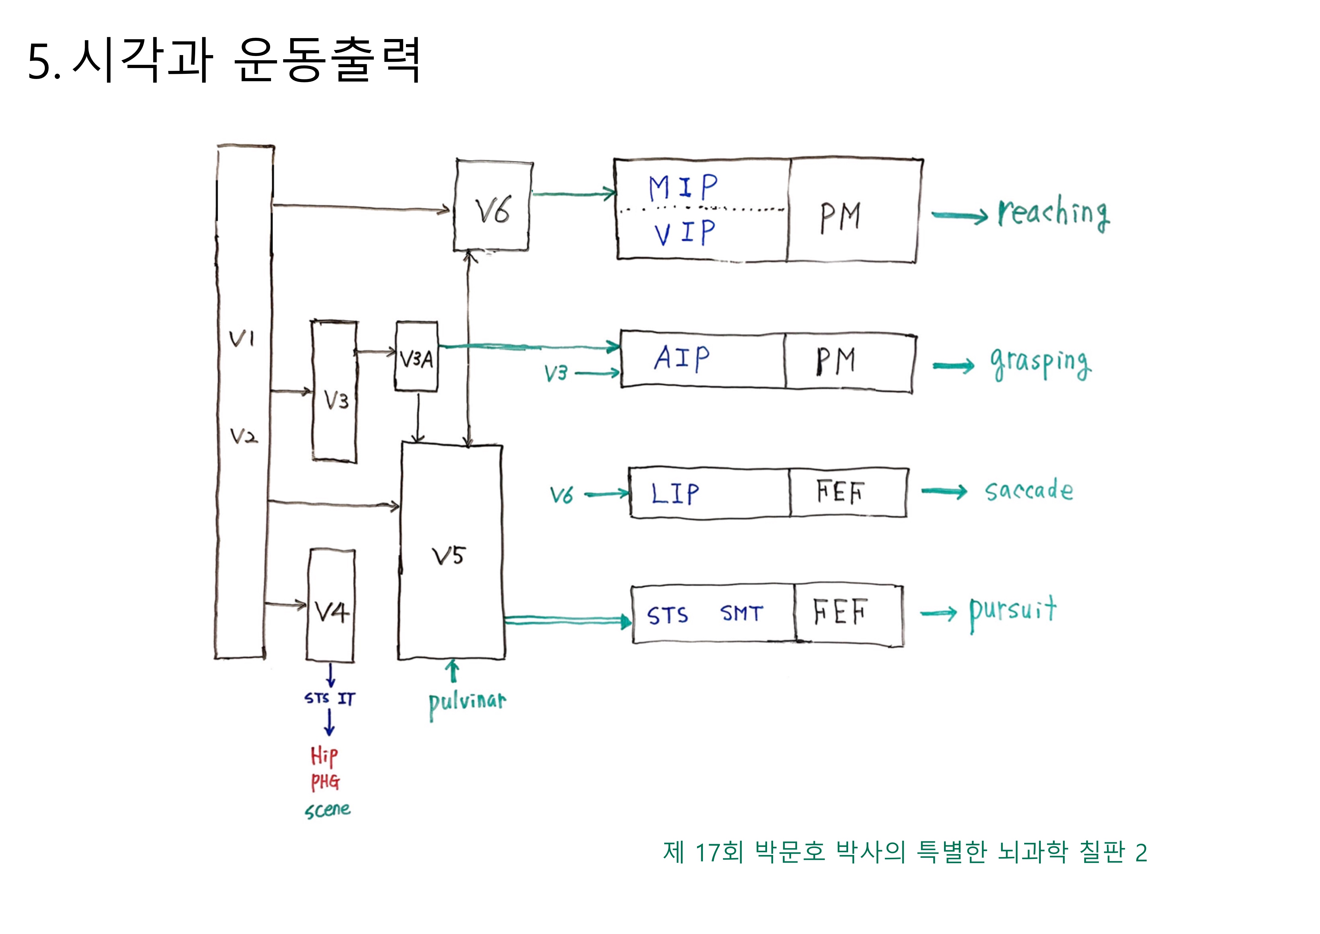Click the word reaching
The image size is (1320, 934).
coord(1053,214)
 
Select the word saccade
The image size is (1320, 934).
coord(1028,491)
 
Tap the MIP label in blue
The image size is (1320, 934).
coord(683,187)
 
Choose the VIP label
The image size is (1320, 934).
coord(684,233)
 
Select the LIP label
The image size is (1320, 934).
coord(675,493)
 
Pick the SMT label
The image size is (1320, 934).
coord(742,614)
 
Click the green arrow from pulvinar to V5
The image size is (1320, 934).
coord(453,672)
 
